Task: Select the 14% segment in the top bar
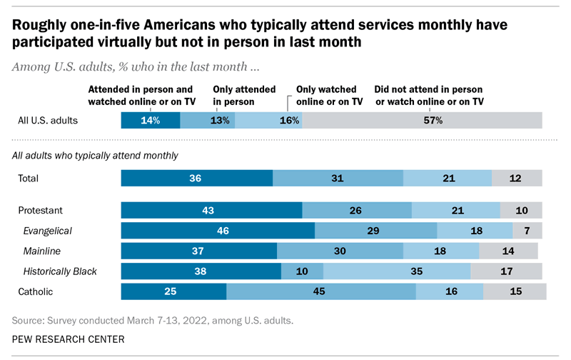coord(150,121)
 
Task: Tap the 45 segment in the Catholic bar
coord(321,291)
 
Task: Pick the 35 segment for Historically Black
coord(397,271)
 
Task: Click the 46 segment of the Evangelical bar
coord(218,231)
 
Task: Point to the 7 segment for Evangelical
coord(527,231)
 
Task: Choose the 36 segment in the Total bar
coord(197,179)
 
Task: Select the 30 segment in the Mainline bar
coord(340,251)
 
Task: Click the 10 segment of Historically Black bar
coord(302,271)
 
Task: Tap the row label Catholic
coord(35,291)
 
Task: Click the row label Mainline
coord(42,251)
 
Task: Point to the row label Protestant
coord(41,211)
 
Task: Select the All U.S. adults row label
coord(47,121)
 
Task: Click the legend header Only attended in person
coord(245,96)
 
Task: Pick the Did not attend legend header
coord(430,96)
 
